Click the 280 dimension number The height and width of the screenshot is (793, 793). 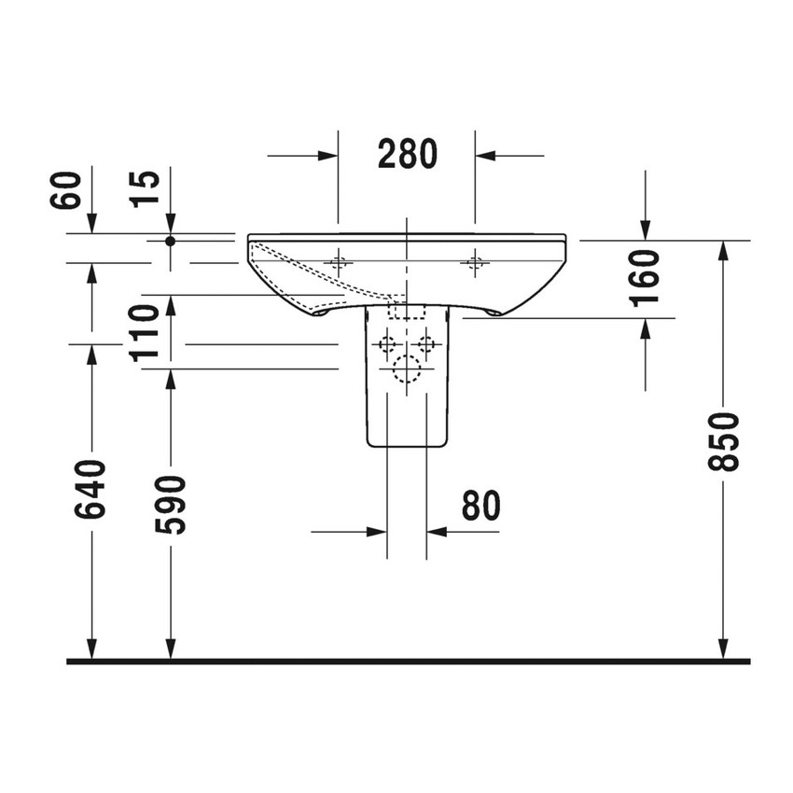coord(407,154)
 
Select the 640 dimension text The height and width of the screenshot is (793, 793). coord(92,488)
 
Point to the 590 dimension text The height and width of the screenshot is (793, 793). coord(171,504)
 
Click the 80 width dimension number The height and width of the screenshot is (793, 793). coord(480,506)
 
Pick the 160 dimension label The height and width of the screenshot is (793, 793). coord(646,276)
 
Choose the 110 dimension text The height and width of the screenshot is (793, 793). coord(145,331)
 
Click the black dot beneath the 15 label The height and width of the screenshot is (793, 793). coord(170,241)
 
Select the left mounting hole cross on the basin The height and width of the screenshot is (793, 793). coord(339,262)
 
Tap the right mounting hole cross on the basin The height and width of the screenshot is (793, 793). coord(476,262)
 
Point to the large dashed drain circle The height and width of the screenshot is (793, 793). coord(407,369)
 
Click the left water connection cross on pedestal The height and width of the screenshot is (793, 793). coord(386,344)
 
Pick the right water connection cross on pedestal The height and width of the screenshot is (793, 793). coord(427,344)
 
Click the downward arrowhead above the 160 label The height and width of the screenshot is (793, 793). coord(646,230)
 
